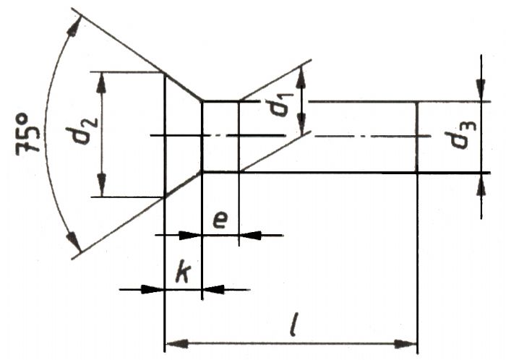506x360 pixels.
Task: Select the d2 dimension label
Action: click(81, 132)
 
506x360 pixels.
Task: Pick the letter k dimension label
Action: click(183, 273)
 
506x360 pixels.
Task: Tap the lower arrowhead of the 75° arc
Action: click(73, 241)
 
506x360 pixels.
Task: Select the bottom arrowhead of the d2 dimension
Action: click(102, 185)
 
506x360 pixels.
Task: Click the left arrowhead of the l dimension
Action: click(176, 343)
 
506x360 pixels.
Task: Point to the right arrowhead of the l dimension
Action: click(406, 344)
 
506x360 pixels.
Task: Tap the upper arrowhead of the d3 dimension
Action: click(481, 90)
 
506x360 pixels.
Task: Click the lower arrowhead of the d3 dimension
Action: click(481, 184)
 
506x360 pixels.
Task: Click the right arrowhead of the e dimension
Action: click(250, 235)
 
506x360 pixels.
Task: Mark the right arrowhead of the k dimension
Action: click(213, 289)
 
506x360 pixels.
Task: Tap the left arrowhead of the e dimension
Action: click(190, 235)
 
